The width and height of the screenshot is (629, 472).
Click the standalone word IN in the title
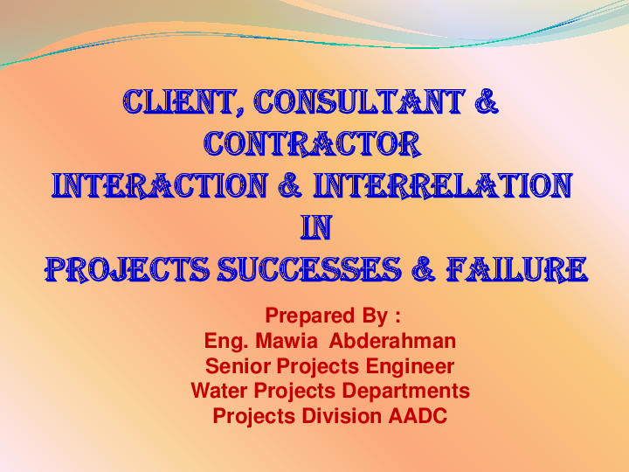(314, 226)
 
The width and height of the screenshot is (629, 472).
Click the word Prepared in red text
(302, 315)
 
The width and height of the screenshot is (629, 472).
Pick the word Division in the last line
(342, 416)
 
